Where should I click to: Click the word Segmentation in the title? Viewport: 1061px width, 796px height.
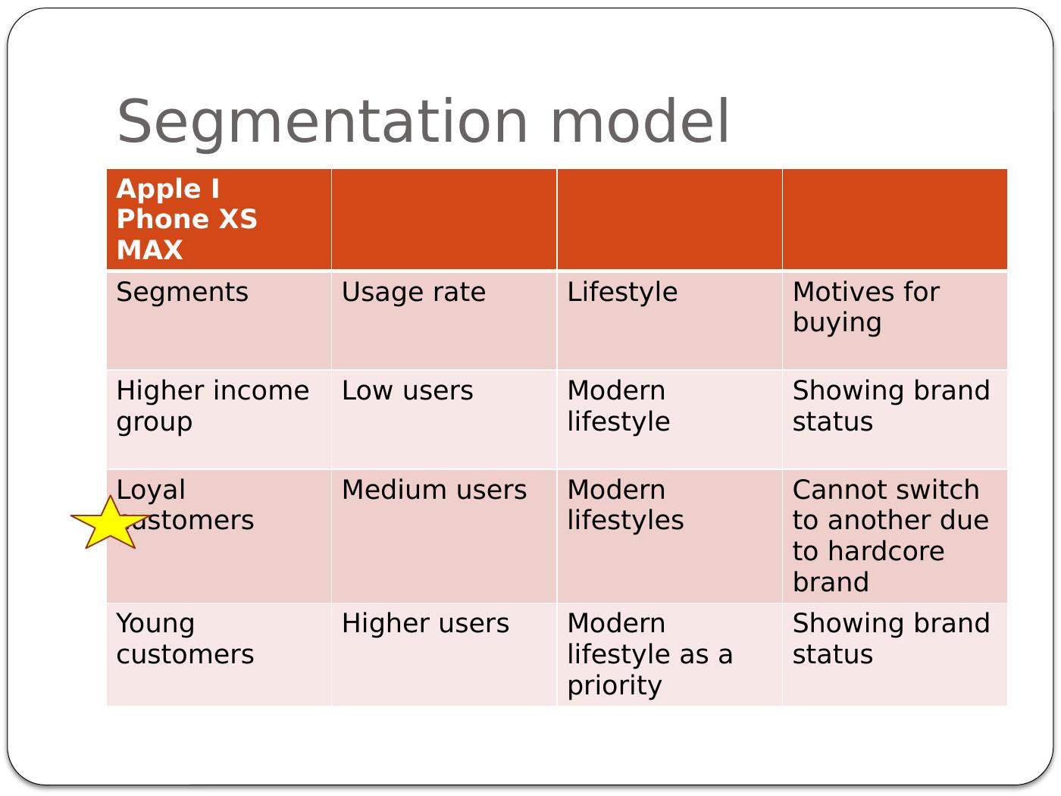point(322,123)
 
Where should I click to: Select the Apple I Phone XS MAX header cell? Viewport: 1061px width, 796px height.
point(219,219)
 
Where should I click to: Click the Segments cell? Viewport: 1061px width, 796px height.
point(219,321)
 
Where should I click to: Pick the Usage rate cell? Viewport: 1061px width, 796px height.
point(444,321)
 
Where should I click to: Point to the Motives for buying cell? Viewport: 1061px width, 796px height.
point(895,321)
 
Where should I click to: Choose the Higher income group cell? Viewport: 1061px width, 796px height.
point(219,419)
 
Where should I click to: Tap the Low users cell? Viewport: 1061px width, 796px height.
point(444,419)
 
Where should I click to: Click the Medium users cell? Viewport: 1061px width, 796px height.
point(444,536)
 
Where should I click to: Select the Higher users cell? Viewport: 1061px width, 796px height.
point(444,654)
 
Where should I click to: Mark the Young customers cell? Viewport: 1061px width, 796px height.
point(219,654)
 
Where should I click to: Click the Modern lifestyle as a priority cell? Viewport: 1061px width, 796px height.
point(669,654)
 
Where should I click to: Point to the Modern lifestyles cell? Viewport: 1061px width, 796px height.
point(669,536)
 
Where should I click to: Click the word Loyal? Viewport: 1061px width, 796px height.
point(151,490)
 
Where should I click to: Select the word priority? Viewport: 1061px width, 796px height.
point(615,687)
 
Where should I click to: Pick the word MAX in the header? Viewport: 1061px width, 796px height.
point(149,250)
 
